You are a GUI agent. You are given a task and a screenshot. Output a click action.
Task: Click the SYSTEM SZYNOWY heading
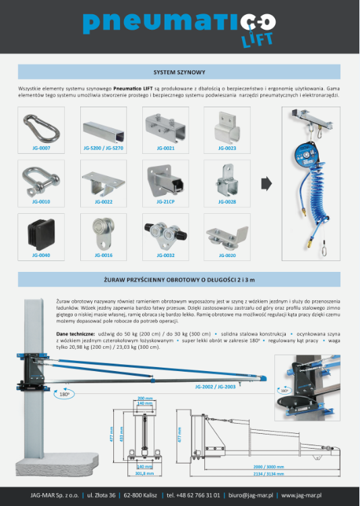[179, 72]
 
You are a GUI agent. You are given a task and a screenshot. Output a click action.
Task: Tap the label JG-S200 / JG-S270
[102, 147]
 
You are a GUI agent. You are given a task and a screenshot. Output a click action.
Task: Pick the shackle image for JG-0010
[41, 179]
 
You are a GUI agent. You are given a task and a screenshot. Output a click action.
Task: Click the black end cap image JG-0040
[41, 233]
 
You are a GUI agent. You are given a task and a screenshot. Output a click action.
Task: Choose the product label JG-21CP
[165, 201]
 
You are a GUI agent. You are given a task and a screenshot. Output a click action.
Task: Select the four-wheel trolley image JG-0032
[165, 233]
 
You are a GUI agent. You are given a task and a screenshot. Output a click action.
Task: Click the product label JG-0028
[227, 201]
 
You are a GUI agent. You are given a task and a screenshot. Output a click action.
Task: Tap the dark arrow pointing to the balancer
[266, 182]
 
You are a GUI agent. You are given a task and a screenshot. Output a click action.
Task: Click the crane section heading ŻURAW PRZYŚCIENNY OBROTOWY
[179, 279]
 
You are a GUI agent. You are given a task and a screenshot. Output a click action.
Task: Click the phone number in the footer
[193, 496]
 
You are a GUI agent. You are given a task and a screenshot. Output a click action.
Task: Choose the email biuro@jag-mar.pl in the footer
[249, 496]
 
